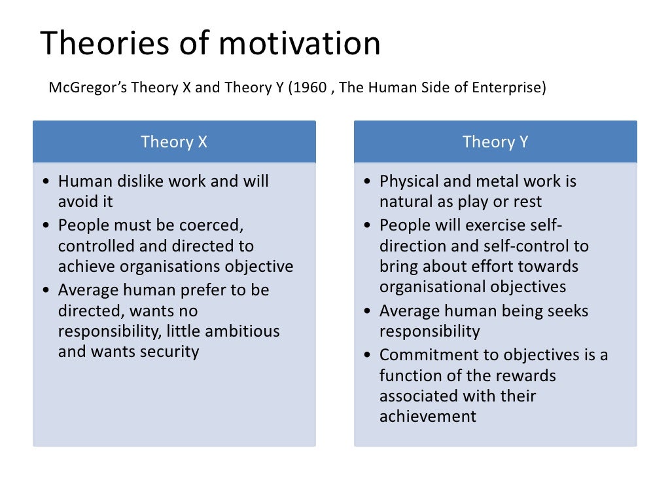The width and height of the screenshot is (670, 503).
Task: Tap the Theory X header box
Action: click(174, 141)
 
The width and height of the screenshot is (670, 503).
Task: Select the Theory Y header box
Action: click(495, 141)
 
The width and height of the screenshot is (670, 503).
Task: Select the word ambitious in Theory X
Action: click(241, 331)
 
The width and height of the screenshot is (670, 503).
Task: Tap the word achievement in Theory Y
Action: click(428, 416)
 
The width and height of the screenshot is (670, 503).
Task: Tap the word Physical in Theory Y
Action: click(404, 181)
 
